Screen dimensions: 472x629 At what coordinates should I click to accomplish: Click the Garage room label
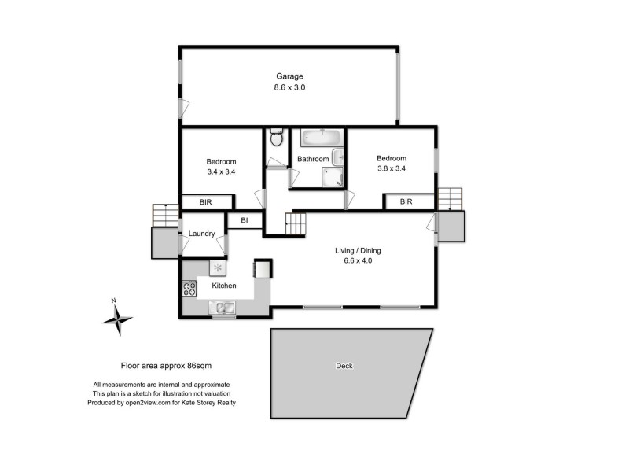pyautogui.click(x=289, y=76)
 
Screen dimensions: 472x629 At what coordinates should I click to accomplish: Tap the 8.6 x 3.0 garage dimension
pyautogui.click(x=289, y=88)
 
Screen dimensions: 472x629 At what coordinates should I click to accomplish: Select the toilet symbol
pyautogui.click(x=275, y=139)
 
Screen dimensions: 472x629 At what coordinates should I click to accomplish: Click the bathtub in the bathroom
pyautogui.click(x=322, y=139)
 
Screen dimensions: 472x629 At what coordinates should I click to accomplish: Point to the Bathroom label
pyautogui.click(x=312, y=160)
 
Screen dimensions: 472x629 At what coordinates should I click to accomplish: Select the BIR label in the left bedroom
pyautogui.click(x=205, y=202)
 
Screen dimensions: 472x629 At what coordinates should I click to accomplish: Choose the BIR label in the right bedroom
pyautogui.click(x=406, y=202)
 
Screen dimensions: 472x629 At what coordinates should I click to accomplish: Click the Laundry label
pyautogui.click(x=202, y=234)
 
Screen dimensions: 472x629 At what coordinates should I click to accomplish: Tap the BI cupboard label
pyautogui.click(x=245, y=221)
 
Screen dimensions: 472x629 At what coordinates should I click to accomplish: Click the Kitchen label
pyautogui.click(x=223, y=286)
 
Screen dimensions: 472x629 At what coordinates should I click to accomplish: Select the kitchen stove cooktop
pyautogui.click(x=189, y=288)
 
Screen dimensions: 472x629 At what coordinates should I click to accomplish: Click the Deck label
pyautogui.click(x=344, y=366)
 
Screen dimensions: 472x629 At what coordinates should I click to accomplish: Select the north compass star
pyautogui.click(x=117, y=319)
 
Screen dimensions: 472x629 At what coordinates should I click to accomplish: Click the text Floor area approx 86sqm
pyautogui.click(x=166, y=366)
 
